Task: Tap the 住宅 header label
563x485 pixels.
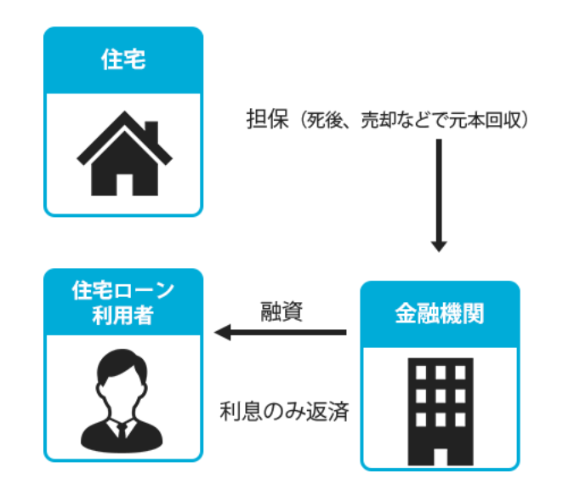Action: pyautogui.click(x=123, y=60)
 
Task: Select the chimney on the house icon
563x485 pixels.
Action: pyautogui.click(x=151, y=133)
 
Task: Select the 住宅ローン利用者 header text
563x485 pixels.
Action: pyautogui.click(x=123, y=303)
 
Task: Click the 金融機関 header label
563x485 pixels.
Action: pyautogui.click(x=440, y=314)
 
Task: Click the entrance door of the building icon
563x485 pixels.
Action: pyautogui.click(x=440, y=448)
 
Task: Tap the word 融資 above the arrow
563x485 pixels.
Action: pyautogui.click(x=282, y=311)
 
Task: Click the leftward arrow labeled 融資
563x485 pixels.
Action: pyautogui.click(x=281, y=332)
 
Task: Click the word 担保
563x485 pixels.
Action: pyautogui.click(x=262, y=120)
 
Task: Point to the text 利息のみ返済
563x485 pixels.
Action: pyautogui.click(x=284, y=411)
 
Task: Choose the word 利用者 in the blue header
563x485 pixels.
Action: pyautogui.click(x=123, y=316)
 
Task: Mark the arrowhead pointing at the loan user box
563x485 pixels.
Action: pyautogui.click(x=223, y=332)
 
